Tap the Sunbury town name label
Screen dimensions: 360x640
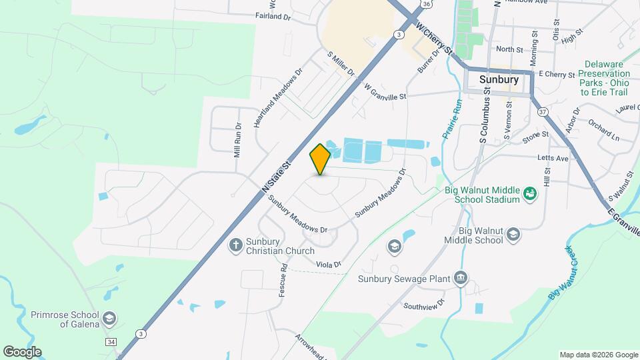click(x=499, y=79)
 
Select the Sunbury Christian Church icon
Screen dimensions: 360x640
click(x=235, y=245)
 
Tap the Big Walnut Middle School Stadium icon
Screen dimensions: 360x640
click(x=530, y=193)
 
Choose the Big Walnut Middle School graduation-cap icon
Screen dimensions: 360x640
click(x=513, y=234)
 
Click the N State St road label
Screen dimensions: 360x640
click(x=277, y=177)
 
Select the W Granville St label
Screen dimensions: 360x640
click(x=385, y=92)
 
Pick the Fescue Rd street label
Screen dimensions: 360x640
click(x=283, y=280)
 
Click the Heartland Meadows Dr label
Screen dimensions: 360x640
click(x=278, y=97)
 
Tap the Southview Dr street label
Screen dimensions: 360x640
click(x=423, y=306)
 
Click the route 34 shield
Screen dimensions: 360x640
click(x=109, y=341)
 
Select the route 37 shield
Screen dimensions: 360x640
click(x=543, y=111)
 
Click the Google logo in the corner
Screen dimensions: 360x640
click(x=22, y=351)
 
